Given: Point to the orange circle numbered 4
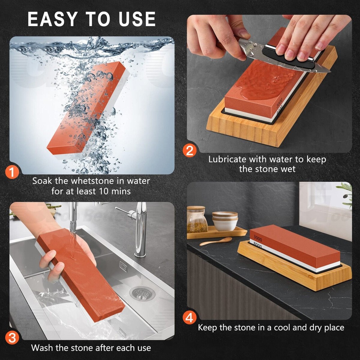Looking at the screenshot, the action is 189,318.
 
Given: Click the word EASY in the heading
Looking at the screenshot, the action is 52,19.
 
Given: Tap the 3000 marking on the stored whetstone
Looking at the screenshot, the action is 258,238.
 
